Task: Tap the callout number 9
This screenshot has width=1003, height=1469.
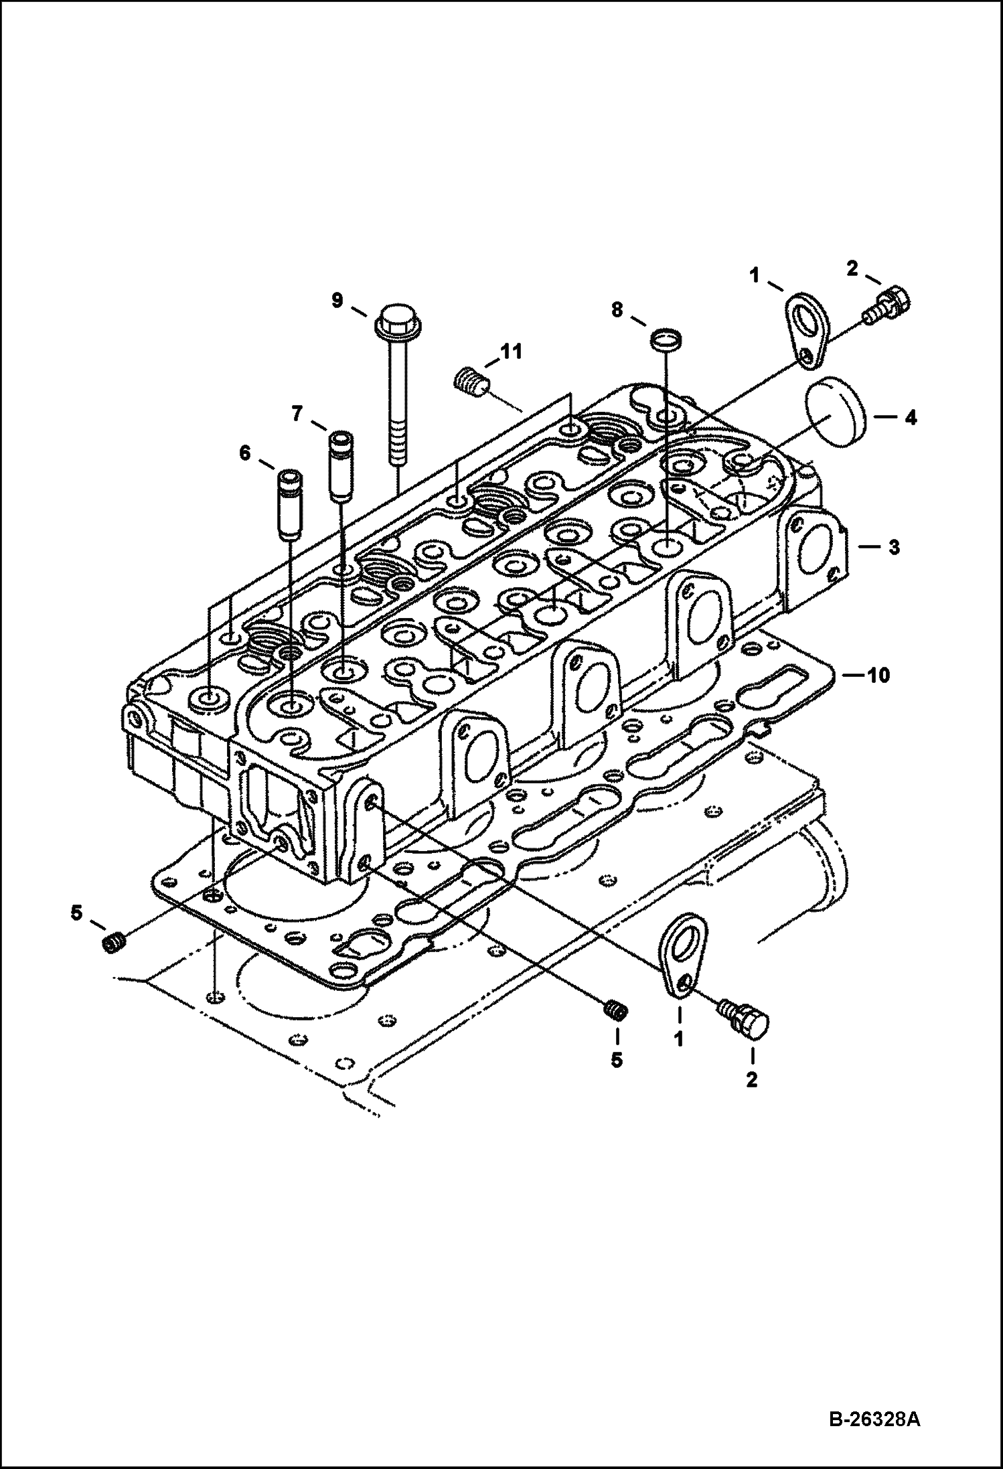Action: coord(337,300)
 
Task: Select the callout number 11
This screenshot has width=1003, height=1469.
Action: coord(514,352)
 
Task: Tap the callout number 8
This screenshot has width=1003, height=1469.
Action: coord(617,309)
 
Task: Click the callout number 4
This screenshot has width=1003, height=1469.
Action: coord(909,418)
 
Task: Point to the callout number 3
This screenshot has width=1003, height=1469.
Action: coord(893,547)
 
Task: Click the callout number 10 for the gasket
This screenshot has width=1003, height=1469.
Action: coord(877,675)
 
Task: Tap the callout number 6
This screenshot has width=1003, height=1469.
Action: coord(244,454)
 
